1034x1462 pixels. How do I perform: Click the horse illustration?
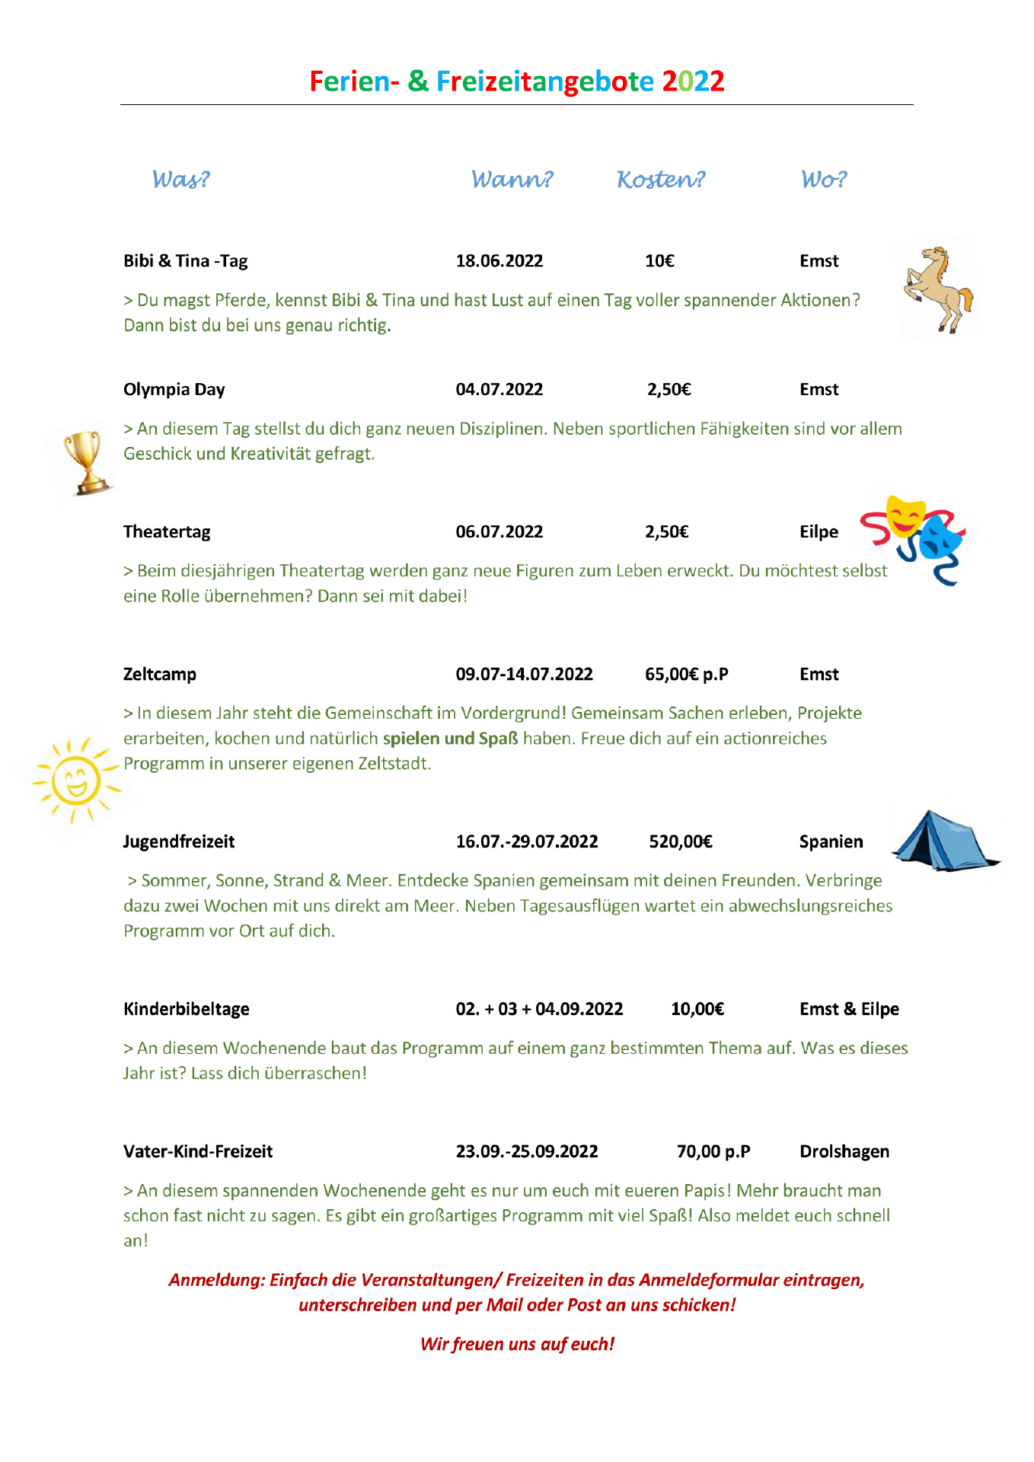click(x=938, y=289)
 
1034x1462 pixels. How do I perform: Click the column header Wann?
click(x=512, y=180)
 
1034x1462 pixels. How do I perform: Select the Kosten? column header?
click(x=660, y=180)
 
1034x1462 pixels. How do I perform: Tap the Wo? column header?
click(x=823, y=180)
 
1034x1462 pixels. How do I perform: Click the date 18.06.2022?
click(x=499, y=261)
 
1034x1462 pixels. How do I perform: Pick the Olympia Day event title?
click(x=174, y=390)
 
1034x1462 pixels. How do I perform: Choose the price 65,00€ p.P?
click(x=686, y=675)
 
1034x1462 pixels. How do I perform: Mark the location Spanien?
click(x=831, y=842)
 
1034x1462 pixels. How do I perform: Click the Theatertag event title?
click(x=167, y=532)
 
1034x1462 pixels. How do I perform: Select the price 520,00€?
click(x=681, y=842)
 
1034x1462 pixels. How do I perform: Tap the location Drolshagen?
click(x=844, y=1152)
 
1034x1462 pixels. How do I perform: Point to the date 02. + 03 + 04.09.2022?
click(x=539, y=1010)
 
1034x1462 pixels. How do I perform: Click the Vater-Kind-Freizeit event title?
click(x=198, y=1152)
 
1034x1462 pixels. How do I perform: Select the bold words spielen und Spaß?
click(x=450, y=739)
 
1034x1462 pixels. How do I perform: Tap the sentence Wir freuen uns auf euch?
click(x=517, y=1345)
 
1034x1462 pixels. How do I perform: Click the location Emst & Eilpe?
click(x=849, y=1010)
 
